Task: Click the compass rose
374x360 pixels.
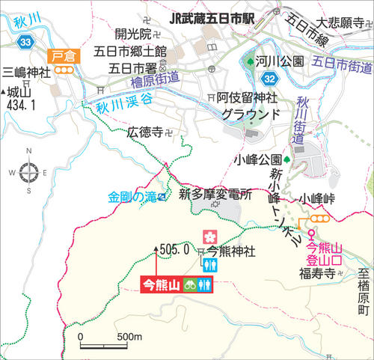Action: tap(29, 173)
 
